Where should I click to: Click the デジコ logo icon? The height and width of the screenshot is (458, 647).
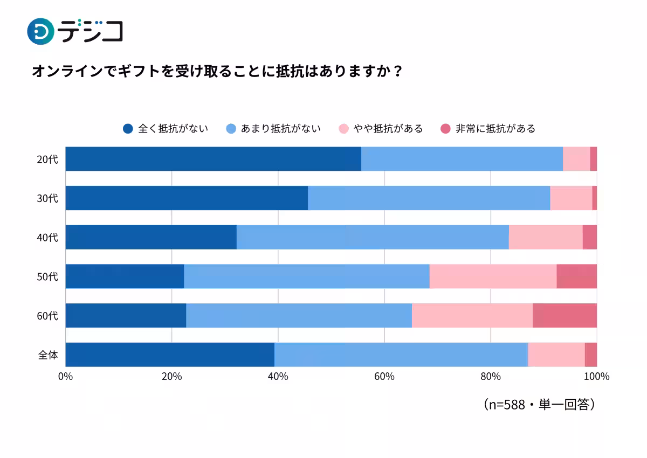tap(40, 31)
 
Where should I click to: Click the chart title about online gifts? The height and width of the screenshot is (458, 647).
tap(217, 72)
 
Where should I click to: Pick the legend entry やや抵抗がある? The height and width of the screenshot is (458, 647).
tap(381, 129)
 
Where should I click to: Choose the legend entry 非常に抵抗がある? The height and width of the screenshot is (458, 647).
tap(488, 129)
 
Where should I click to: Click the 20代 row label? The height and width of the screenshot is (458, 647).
tap(48, 159)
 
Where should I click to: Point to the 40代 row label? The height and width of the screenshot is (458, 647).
tap(48, 238)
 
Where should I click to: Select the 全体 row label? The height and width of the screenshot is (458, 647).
tap(48, 355)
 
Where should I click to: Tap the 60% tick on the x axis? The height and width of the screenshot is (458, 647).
tap(384, 377)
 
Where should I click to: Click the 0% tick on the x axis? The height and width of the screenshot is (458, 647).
tap(65, 377)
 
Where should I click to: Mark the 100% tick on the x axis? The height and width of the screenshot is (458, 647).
tap(596, 377)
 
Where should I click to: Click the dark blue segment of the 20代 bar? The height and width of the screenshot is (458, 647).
tap(213, 159)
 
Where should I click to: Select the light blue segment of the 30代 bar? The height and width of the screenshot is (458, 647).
tap(429, 198)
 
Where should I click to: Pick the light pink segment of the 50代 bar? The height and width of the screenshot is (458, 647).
tap(493, 276)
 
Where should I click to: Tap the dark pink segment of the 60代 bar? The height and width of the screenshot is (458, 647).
tap(565, 316)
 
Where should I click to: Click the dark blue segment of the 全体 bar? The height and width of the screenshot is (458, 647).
tap(170, 355)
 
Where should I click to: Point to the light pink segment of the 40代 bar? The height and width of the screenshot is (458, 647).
tap(546, 237)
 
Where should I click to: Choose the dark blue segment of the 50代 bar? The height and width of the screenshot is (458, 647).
tap(125, 276)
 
